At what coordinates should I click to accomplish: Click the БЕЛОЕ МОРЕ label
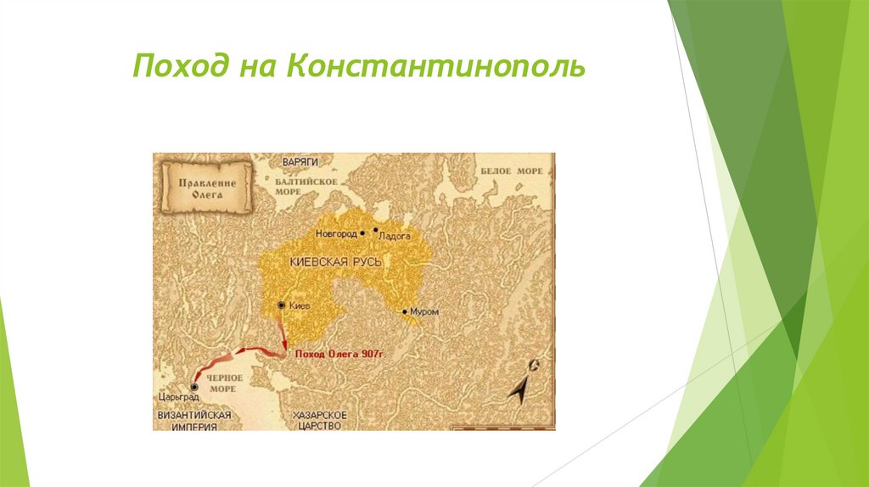tap(513, 171)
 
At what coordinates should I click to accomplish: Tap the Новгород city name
tap(335, 232)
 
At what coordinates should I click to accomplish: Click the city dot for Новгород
tap(362, 232)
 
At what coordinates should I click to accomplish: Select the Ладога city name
tap(395, 238)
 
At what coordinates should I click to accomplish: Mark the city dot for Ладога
tap(375, 229)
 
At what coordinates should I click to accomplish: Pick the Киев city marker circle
tap(281, 305)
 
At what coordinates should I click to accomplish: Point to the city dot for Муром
tap(405, 311)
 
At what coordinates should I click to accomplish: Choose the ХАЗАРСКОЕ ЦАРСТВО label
tap(321, 421)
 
